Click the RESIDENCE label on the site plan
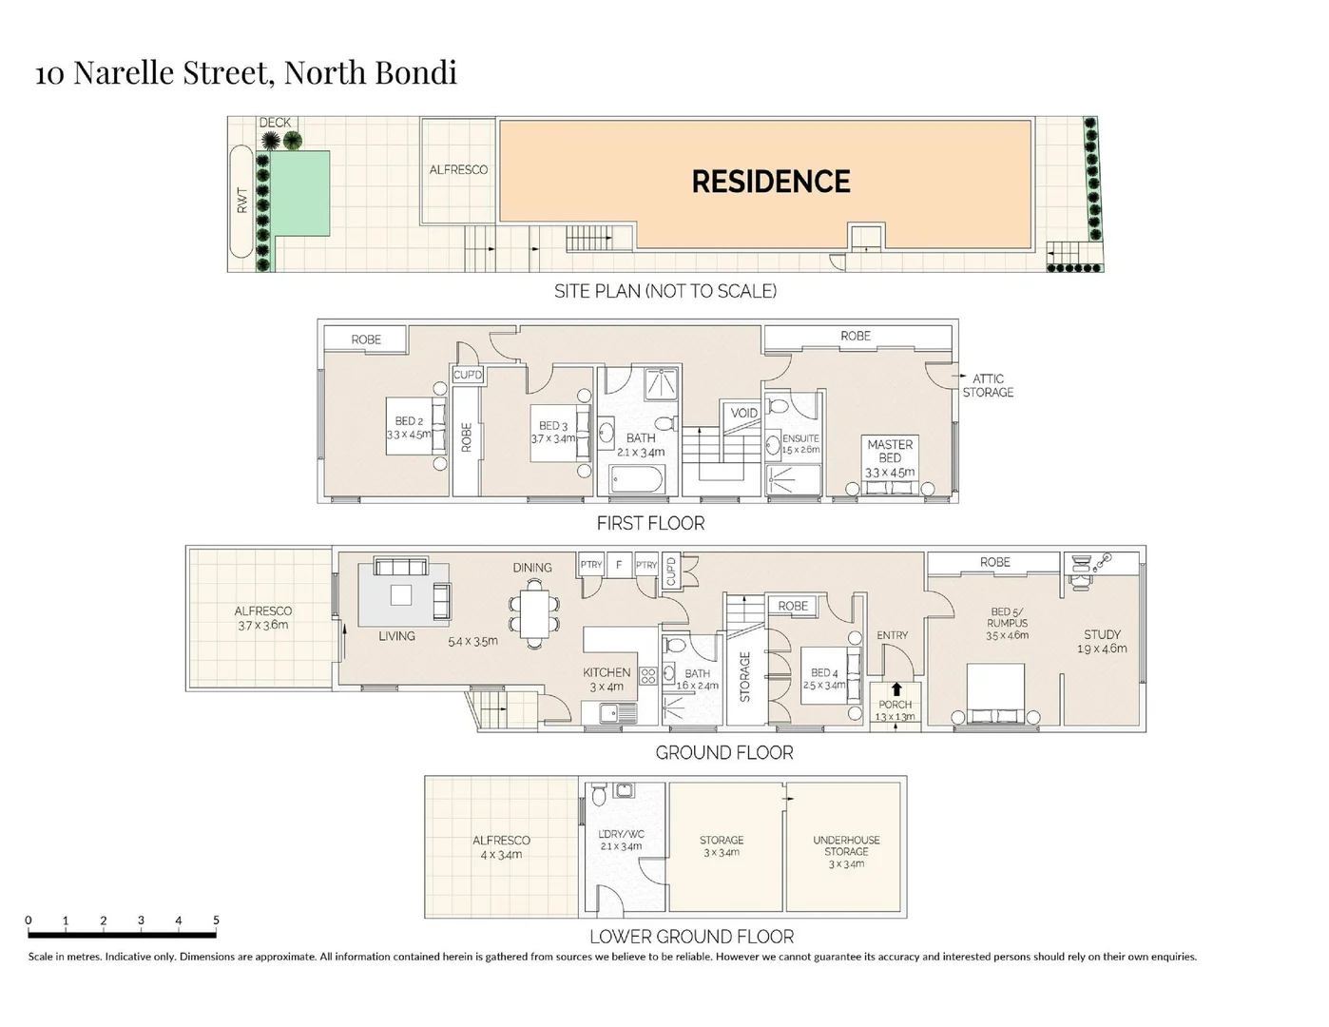pos(770,182)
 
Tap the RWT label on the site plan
pos(241,200)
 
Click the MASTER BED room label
pos(890,451)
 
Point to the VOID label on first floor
pos(743,413)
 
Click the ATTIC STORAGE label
pos(988,385)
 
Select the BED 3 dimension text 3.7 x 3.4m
pos(553,439)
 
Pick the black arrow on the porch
pos(896,688)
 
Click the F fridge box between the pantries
pos(619,565)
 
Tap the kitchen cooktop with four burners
pos(648,676)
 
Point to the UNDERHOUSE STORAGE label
pos(846,845)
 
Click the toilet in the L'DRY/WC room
pos(599,794)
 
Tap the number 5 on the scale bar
pos(216,920)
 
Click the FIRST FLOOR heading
pos(650,523)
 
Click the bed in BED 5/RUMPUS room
pos(995,693)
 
